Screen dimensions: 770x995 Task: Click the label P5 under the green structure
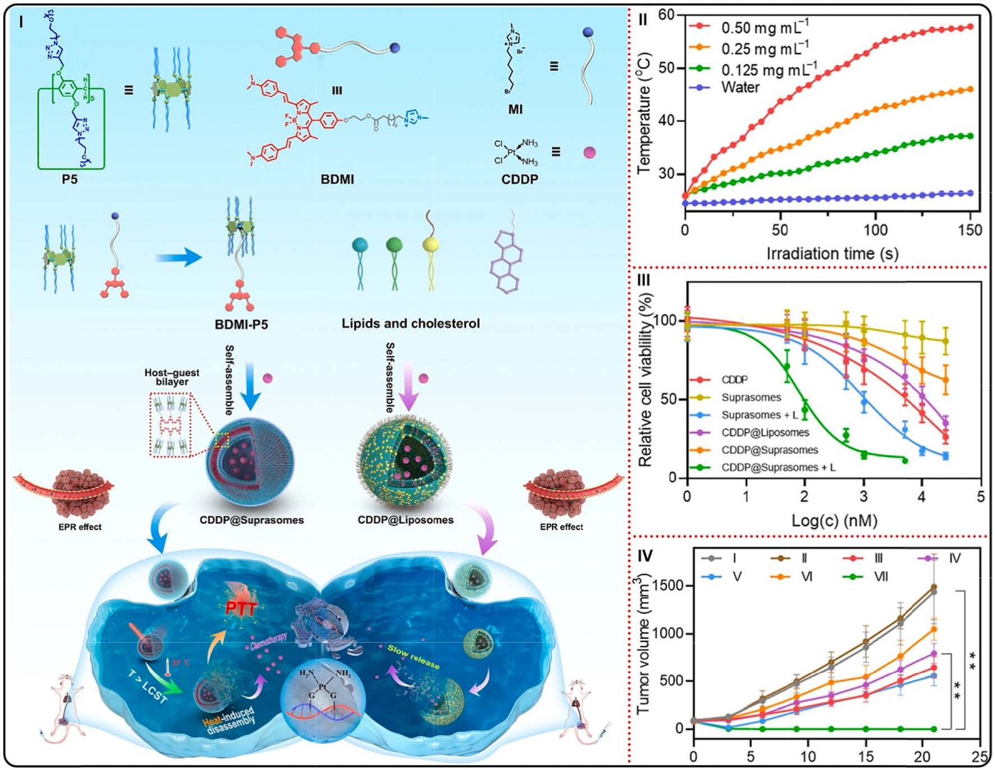tap(70, 179)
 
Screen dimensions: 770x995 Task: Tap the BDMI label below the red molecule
tap(337, 179)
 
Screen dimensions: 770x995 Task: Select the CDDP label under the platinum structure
tap(519, 179)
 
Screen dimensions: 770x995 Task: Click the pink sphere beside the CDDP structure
tap(589, 152)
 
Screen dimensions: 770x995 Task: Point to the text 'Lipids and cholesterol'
tap(411, 324)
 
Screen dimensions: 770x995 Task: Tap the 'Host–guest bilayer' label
tap(172, 377)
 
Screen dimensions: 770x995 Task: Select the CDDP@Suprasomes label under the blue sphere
tap(252, 520)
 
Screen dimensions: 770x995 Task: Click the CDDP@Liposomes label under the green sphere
tap(406, 520)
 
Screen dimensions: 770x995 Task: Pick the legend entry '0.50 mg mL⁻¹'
tap(764, 27)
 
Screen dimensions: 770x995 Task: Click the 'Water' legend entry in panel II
tap(740, 87)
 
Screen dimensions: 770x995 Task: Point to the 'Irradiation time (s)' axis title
tap(832, 253)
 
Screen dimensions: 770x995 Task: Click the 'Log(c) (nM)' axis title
tap(834, 520)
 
